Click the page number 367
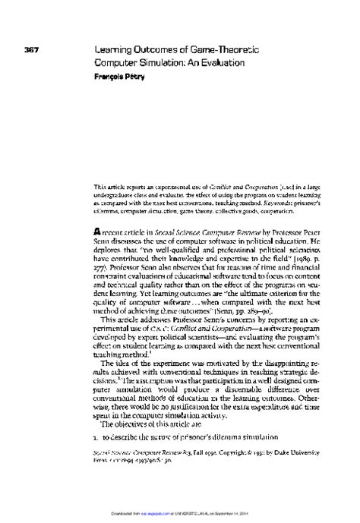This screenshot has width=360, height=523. click(31, 51)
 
